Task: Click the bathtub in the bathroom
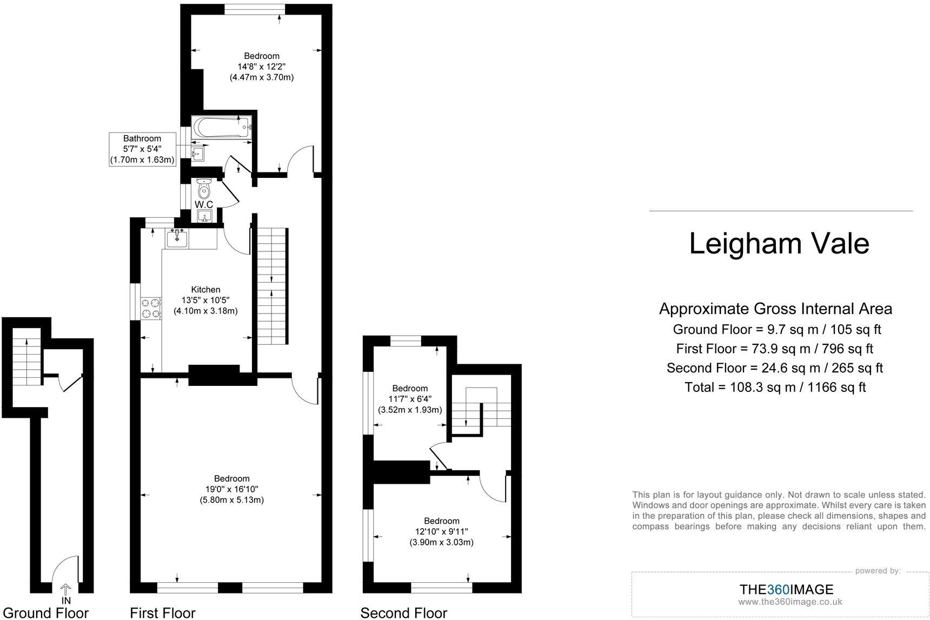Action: click(x=222, y=128)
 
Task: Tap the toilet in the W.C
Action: click(x=204, y=189)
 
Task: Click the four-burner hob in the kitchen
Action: click(x=151, y=308)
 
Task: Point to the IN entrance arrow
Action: click(x=66, y=590)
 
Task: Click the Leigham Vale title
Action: click(x=779, y=243)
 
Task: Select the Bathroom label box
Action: click(x=143, y=149)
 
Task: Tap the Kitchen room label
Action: click(x=205, y=290)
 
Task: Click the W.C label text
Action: click(x=204, y=204)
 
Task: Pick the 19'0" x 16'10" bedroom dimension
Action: click(x=231, y=489)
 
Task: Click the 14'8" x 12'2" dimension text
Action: click(x=262, y=66)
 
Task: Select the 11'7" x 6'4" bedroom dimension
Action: click(x=410, y=399)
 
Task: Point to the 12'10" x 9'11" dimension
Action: click(x=441, y=531)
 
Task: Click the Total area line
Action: click(x=775, y=387)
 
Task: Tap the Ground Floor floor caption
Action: click(x=46, y=612)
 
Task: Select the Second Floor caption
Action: click(x=403, y=612)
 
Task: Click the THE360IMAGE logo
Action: click(x=786, y=589)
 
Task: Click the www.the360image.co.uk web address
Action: click(x=790, y=602)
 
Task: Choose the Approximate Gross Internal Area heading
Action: click(x=775, y=309)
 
